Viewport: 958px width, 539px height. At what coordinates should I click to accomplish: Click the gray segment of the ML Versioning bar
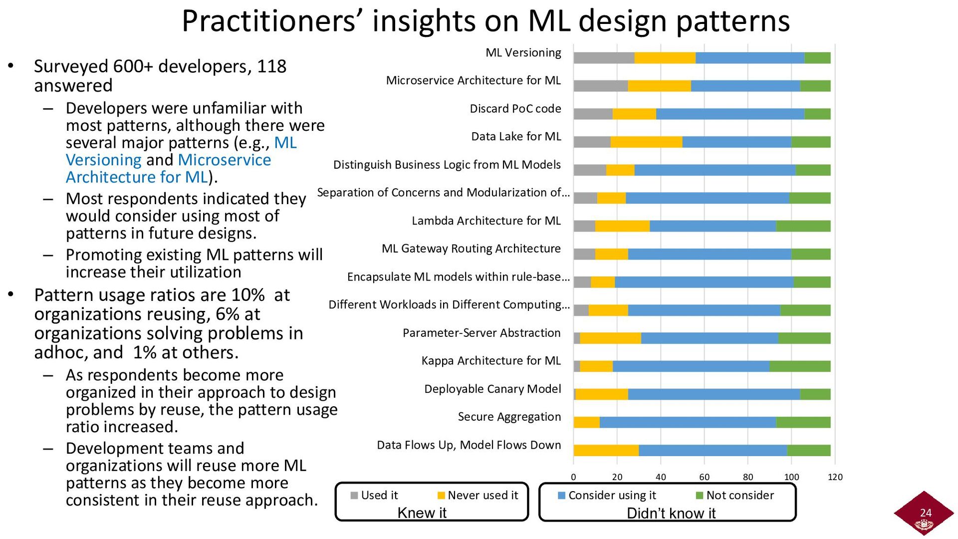tap(604, 58)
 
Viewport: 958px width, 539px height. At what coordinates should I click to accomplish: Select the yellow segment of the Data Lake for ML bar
tap(646, 142)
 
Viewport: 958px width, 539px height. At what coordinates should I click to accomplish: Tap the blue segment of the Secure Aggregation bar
tap(688, 422)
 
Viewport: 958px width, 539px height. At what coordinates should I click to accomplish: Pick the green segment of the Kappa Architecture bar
tap(800, 366)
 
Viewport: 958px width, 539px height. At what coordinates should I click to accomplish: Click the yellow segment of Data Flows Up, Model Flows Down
tap(606, 450)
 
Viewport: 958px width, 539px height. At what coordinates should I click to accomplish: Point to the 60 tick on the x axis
tap(704, 477)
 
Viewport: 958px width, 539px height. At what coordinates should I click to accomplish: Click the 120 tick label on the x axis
tap(835, 477)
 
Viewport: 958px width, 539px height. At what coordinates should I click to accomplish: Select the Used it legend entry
tap(374, 495)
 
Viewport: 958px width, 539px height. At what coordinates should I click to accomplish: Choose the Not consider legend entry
tap(735, 495)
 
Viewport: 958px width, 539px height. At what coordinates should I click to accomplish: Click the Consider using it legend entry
tap(607, 495)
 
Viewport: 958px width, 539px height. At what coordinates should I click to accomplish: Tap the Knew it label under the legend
tap(422, 513)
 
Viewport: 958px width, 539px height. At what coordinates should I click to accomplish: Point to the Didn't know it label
tap(671, 513)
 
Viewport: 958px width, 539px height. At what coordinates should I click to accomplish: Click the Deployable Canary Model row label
tap(492, 389)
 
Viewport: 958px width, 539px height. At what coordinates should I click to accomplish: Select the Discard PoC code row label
tap(515, 109)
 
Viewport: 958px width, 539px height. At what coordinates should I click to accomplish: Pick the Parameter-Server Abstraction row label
tap(481, 333)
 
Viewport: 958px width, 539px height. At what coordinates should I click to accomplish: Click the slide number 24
tap(926, 513)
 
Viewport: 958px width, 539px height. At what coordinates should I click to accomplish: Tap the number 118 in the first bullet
tap(271, 66)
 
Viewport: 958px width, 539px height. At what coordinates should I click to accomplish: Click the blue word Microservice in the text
tap(224, 160)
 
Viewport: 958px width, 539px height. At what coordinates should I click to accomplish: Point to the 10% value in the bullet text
tap(247, 295)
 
